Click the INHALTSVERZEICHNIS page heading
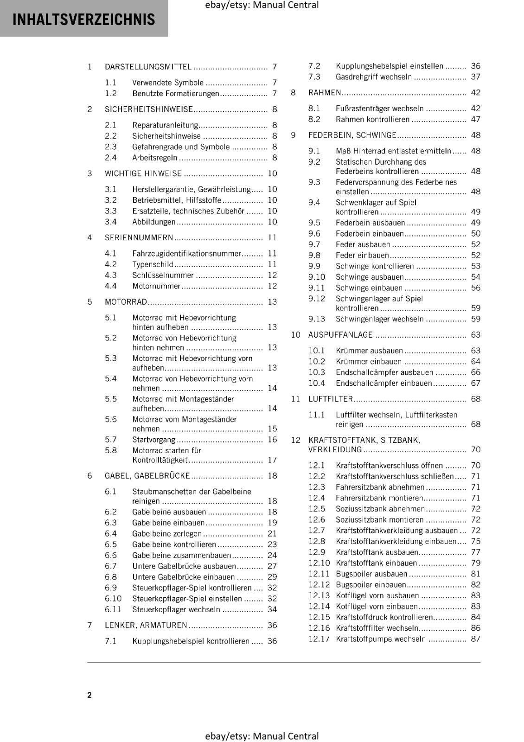tap(83, 19)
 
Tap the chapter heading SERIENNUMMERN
tap(139, 237)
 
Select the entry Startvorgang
tap(153, 440)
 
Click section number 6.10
tap(113, 599)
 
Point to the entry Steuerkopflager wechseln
tap(176, 609)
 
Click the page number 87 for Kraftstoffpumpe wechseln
tap(475, 639)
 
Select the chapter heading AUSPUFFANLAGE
tap(340, 335)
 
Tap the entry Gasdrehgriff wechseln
tap(373, 77)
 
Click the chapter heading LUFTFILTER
tap(330, 399)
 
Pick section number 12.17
tap(319, 639)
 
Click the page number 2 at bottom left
tap(89, 695)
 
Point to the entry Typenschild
tap(153, 264)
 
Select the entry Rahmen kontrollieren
tap(372, 119)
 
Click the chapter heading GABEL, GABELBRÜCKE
tap(147, 476)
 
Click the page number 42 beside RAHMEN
tap(475, 93)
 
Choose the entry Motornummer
tap(156, 286)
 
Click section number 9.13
tap(317, 319)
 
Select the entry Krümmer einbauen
tap(368, 361)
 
